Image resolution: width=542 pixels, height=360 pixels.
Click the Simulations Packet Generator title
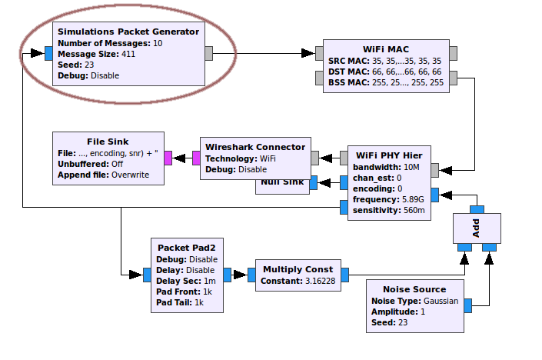tap(128, 32)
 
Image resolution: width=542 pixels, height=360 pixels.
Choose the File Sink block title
tap(108, 142)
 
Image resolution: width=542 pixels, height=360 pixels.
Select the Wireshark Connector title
tap(254, 147)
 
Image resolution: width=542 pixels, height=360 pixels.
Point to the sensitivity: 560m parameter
tap(387, 209)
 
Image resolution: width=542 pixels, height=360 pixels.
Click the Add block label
tap(476, 228)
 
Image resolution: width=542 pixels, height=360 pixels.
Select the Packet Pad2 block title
tap(186, 248)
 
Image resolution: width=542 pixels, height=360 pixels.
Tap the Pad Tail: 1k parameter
tap(180, 302)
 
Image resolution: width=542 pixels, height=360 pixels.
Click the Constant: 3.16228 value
tap(298, 281)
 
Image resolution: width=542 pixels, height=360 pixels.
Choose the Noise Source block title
tap(415, 289)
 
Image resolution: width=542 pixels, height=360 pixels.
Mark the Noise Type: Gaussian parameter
tap(415, 301)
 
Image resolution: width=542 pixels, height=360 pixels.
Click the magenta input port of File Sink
tap(168, 158)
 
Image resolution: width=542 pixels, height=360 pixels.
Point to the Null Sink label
tap(281, 183)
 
